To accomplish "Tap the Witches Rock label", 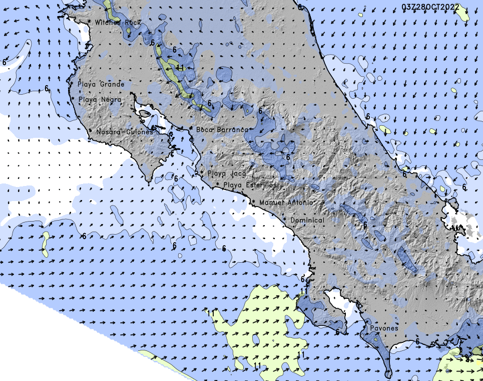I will point(118,23).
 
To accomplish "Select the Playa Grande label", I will point(101,84).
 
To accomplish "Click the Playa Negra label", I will point(100,100).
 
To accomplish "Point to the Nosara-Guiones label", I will point(125,132).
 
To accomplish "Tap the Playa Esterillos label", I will point(250,185).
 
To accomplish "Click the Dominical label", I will point(307,220).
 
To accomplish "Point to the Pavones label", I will point(384,328).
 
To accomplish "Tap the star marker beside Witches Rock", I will point(89,23).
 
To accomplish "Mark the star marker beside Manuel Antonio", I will point(254,202).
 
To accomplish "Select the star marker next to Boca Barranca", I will point(191,129).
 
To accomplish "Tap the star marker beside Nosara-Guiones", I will point(90,131).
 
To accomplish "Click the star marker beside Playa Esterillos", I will point(218,185).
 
